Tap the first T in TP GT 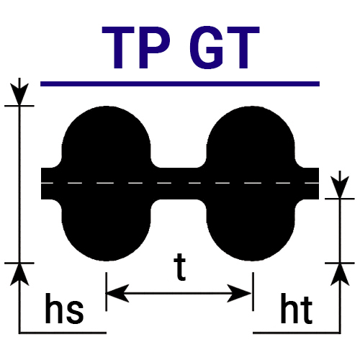coord(118,48)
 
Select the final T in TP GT coord(243,48)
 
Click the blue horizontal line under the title coord(180,84)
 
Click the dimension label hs coord(64,308)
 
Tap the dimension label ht coord(297,308)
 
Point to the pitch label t coord(180,267)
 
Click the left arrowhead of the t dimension coord(117,293)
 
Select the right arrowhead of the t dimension coord(239,293)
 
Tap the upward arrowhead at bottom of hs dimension coord(19,274)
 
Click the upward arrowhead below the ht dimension coord(340,274)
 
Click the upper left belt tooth coord(107,137)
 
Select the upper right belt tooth coord(251,137)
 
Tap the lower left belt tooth coord(107,230)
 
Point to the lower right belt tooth coord(251,230)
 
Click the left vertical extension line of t coord(106,292)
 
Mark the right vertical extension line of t coord(253,292)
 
